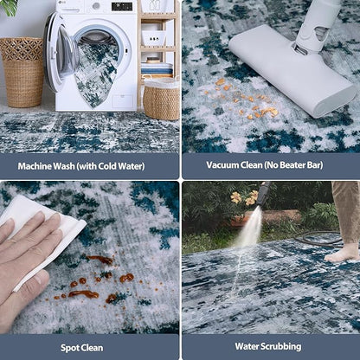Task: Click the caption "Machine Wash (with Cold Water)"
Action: tap(89, 165)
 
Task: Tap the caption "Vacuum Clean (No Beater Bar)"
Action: tap(270, 165)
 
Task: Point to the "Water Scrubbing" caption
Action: tap(270, 347)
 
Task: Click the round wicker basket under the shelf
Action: tap(162, 100)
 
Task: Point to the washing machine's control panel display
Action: tap(121, 7)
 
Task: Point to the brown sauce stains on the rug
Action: tap(95, 281)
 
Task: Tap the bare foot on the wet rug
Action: tap(344, 253)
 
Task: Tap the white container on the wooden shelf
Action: tap(155, 37)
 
